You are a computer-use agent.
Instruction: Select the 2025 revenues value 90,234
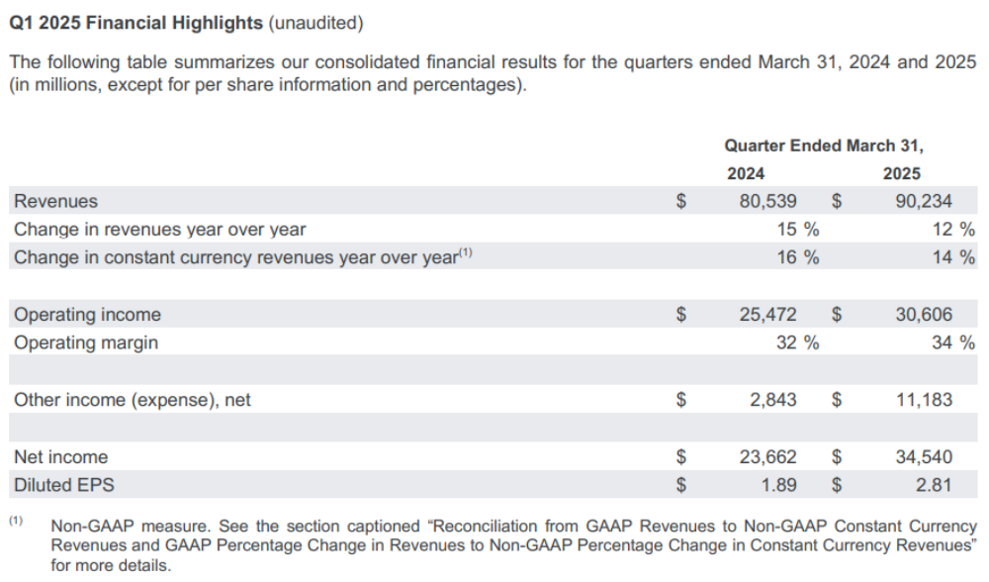click(x=922, y=201)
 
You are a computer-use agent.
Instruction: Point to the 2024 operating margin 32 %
click(x=797, y=342)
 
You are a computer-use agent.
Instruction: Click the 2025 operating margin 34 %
click(x=951, y=342)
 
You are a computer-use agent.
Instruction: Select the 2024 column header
click(x=746, y=173)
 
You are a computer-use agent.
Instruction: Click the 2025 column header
click(x=901, y=173)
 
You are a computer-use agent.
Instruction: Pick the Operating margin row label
click(x=86, y=342)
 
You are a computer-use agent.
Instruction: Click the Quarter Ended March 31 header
click(x=823, y=145)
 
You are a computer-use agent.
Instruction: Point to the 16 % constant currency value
click(x=797, y=257)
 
